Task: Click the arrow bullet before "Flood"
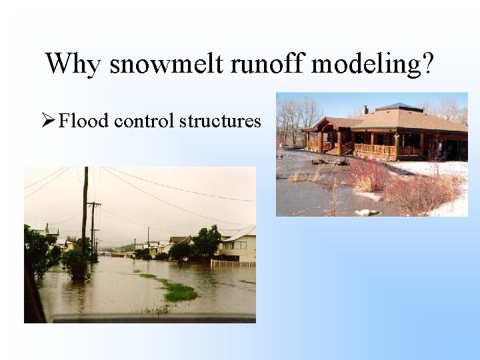click(x=47, y=121)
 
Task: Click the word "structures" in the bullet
click(x=221, y=121)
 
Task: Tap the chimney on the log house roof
click(x=365, y=109)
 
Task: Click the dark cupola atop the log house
click(x=399, y=107)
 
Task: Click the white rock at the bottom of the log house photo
click(x=367, y=212)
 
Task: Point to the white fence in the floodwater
click(x=233, y=263)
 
